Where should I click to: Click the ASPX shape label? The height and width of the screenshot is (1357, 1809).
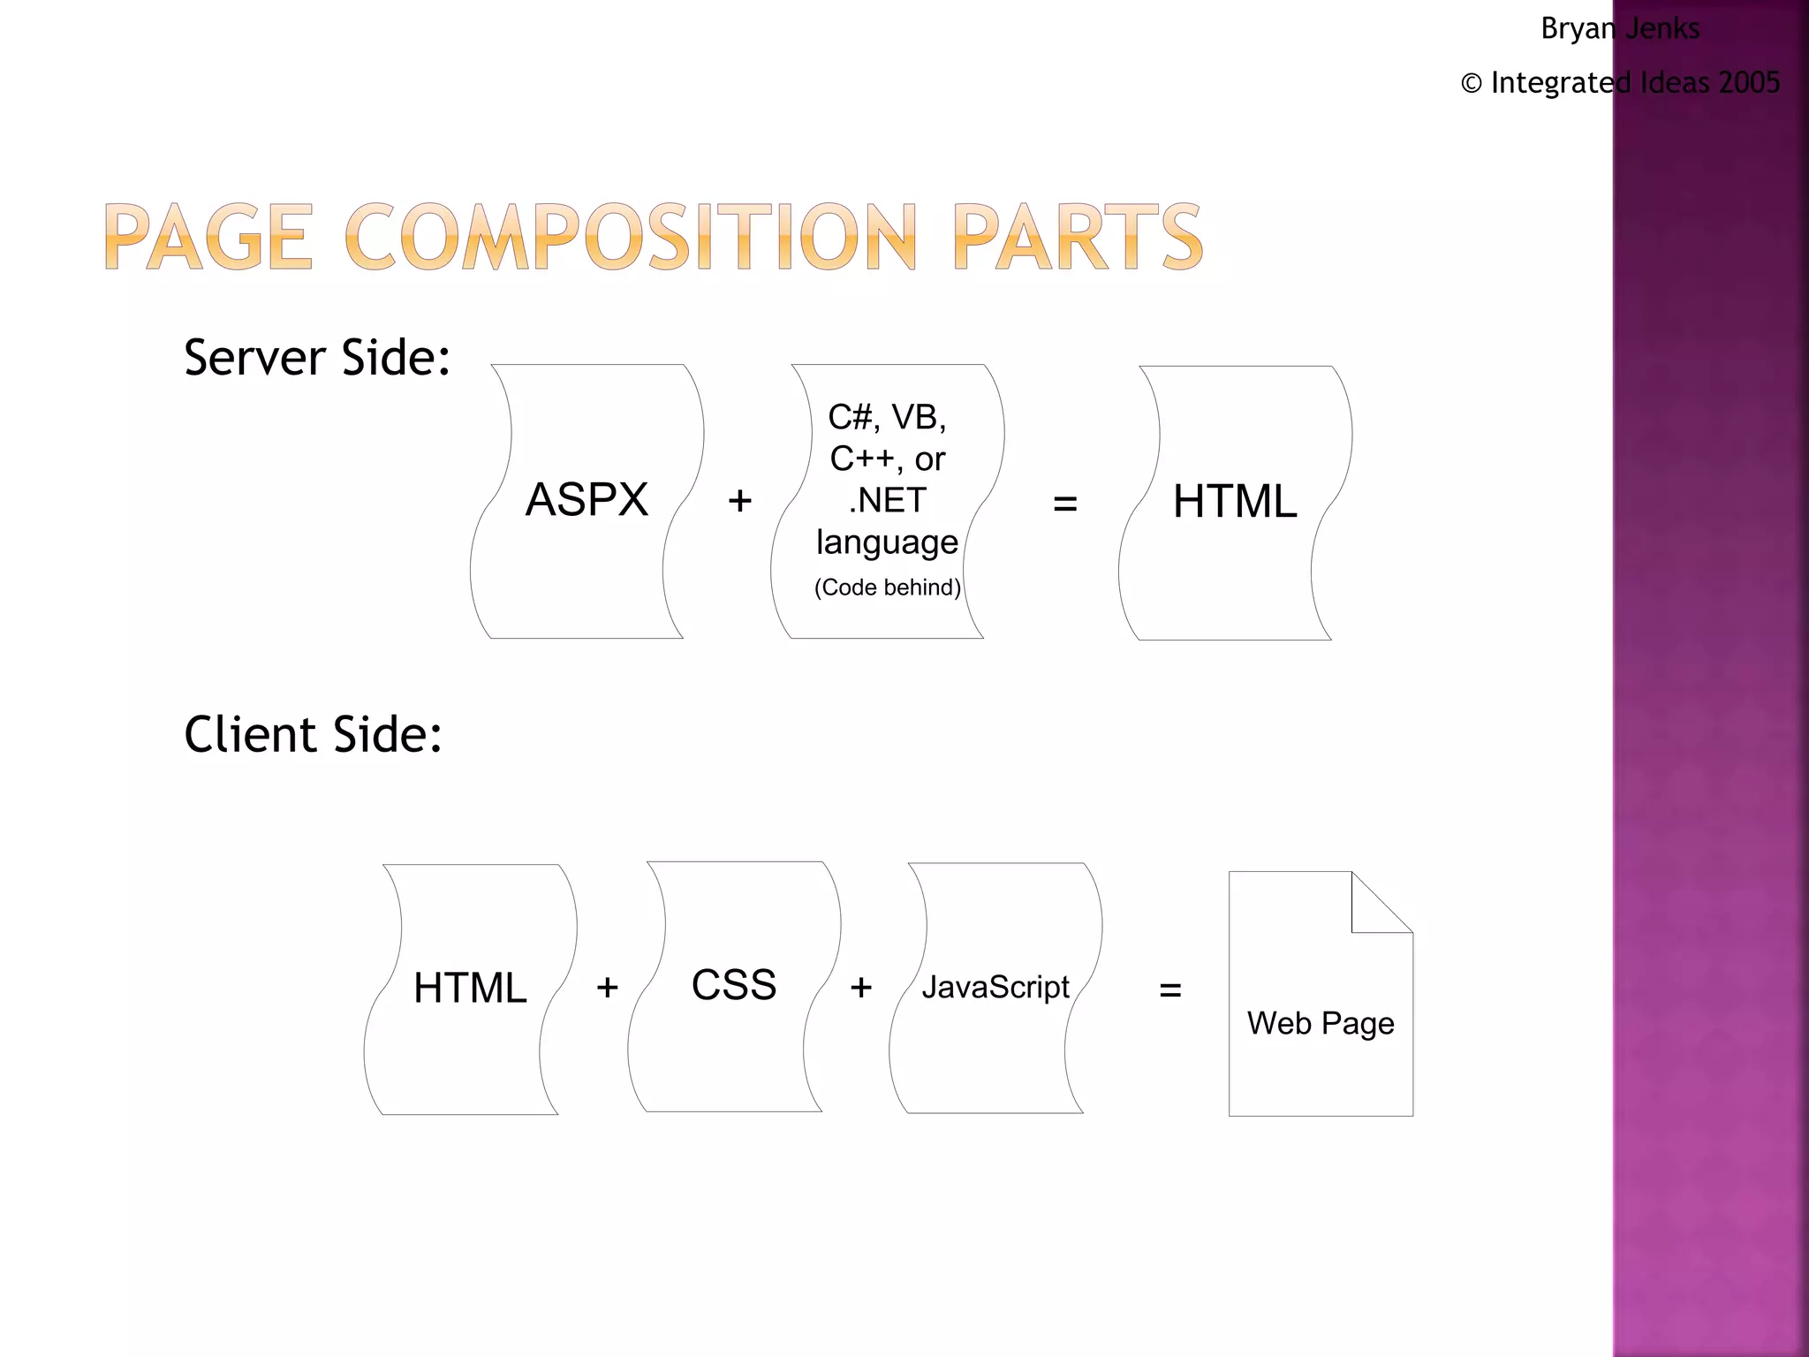point(587,500)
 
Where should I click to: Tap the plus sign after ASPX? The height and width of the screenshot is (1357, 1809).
point(739,501)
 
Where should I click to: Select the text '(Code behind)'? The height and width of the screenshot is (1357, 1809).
point(887,588)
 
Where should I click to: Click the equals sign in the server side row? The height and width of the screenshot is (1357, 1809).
point(1065,504)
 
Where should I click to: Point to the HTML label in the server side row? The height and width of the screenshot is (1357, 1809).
point(1235,502)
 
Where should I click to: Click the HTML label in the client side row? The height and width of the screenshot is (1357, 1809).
point(470,988)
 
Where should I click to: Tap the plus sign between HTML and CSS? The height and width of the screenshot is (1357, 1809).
point(607,988)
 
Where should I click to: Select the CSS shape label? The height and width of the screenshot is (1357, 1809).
point(733,985)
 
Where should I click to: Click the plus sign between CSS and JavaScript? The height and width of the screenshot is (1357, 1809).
point(861,988)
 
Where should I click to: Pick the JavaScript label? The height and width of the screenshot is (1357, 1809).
point(995,987)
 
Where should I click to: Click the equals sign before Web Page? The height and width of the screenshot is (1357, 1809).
point(1170,989)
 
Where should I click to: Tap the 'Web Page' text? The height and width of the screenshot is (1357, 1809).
point(1321,1023)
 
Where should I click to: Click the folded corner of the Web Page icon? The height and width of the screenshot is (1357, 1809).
point(1381,902)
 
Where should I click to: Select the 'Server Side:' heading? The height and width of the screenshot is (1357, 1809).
point(317,358)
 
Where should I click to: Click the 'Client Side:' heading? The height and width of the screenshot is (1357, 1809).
point(313,734)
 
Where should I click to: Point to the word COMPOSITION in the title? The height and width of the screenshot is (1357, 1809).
point(632,237)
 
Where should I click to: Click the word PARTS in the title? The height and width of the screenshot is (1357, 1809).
point(1078,237)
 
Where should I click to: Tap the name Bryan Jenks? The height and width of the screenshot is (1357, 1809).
point(1620,28)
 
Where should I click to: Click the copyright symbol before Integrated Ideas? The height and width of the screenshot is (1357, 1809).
point(1471,83)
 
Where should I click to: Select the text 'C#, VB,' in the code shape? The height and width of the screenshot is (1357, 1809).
point(887,417)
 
